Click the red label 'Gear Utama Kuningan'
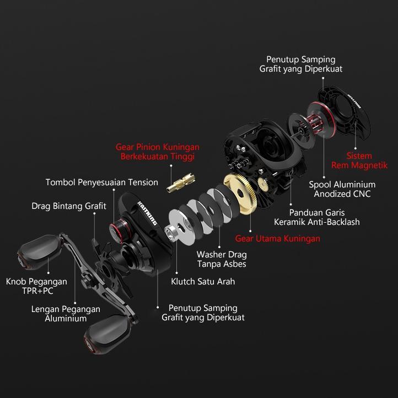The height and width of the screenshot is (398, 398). pyautogui.click(x=277, y=239)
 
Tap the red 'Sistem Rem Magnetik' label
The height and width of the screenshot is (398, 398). pyautogui.click(x=359, y=160)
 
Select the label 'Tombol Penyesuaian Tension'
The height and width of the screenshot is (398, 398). pyautogui.click(x=101, y=182)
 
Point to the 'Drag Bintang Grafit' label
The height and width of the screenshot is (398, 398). pyautogui.click(x=68, y=206)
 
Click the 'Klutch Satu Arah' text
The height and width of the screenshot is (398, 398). pyautogui.click(x=203, y=281)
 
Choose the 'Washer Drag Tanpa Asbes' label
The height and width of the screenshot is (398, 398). pyautogui.click(x=222, y=259)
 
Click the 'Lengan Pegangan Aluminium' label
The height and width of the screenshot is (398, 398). pyautogui.click(x=66, y=314)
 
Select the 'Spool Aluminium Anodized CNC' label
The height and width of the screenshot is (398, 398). pyautogui.click(x=342, y=189)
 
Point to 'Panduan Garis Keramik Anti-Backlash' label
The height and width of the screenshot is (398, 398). pyautogui.click(x=316, y=217)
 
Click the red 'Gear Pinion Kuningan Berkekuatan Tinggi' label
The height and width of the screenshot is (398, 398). pyautogui.click(x=157, y=152)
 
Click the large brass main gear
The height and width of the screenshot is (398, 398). pyautogui.click(x=243, y=196)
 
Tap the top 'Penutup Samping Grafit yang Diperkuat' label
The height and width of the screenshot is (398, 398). pyautogui.click(x=300, y=64)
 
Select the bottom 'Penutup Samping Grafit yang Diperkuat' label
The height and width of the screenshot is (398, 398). pyautogui.click(x=203, y=313)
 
